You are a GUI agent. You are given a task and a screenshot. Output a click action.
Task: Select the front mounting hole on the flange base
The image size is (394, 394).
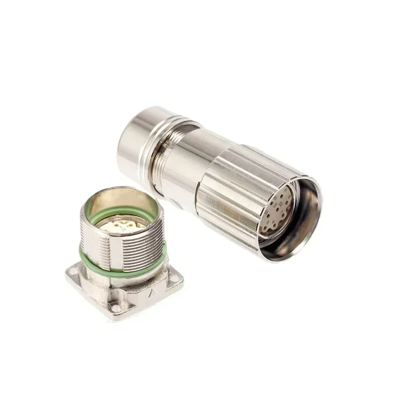click(x=116, y=309)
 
